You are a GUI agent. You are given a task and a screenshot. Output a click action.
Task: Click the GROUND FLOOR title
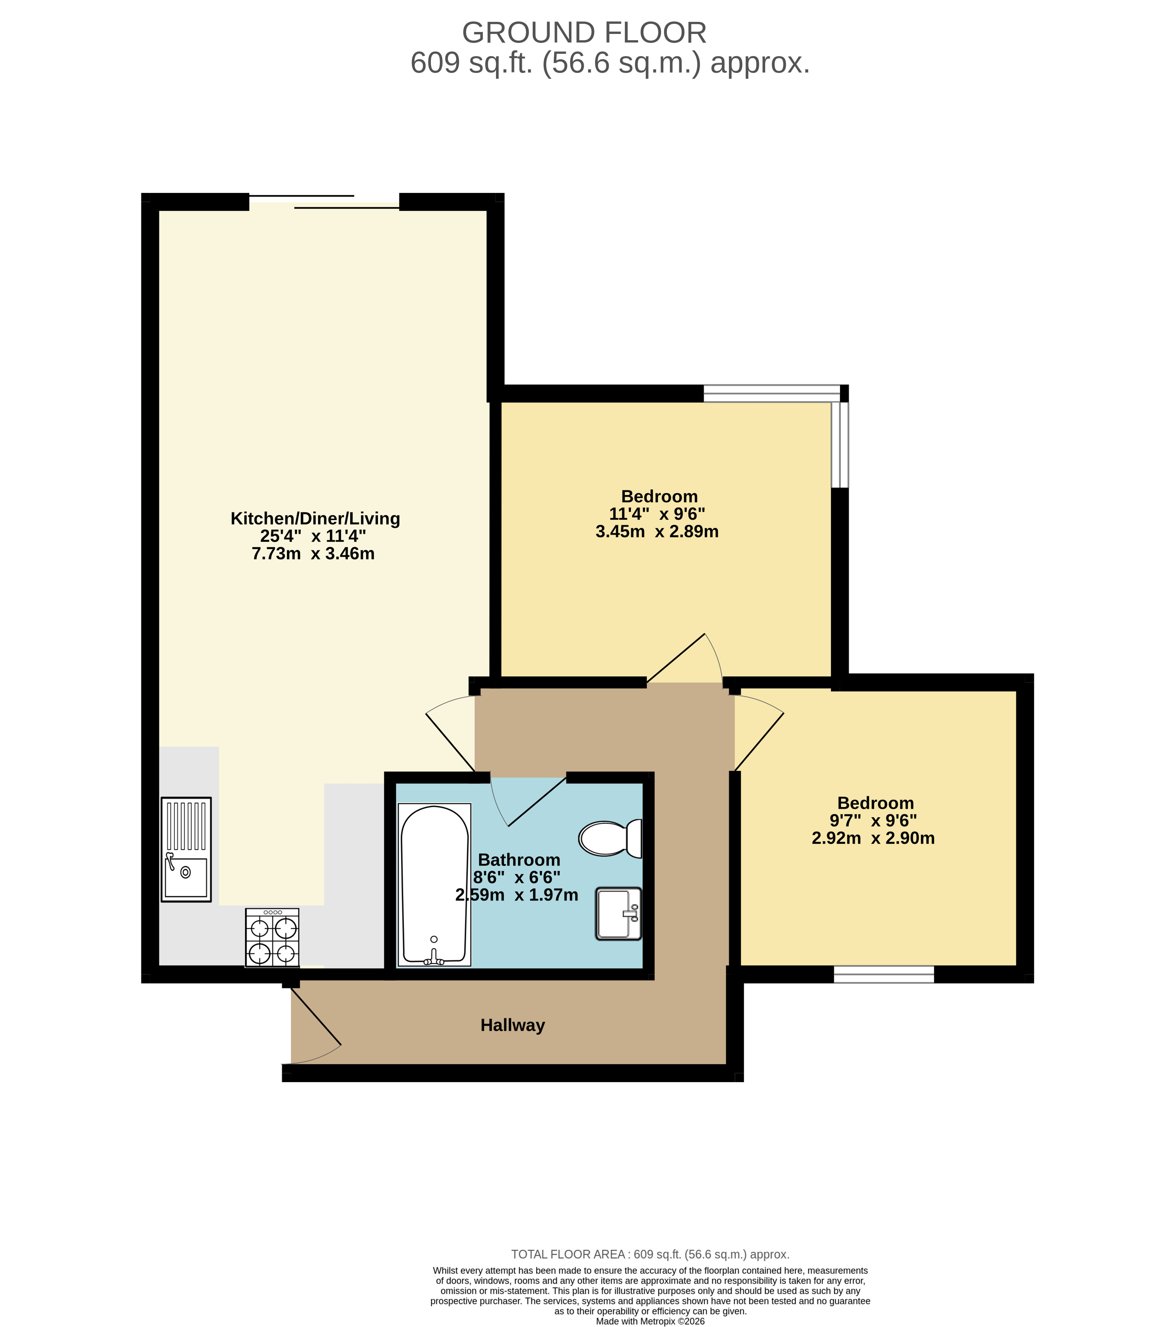point(583,32)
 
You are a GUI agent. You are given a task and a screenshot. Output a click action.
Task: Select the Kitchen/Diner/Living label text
point(315,518)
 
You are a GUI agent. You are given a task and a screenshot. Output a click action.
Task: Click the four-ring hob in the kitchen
point(272,938)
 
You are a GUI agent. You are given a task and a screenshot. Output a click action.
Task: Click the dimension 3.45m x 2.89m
point(658,532)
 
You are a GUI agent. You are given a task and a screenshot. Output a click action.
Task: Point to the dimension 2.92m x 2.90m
point(874,838)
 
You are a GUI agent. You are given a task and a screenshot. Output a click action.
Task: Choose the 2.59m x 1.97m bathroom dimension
point(517,895)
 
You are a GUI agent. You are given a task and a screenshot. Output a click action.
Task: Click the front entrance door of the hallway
point(312,1026)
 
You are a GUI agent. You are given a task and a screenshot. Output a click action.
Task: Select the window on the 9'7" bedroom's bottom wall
point(884,975)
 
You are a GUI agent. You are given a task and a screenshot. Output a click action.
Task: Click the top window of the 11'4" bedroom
point(772,393)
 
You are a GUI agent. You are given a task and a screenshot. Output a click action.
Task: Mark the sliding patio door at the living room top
point(324,201)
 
